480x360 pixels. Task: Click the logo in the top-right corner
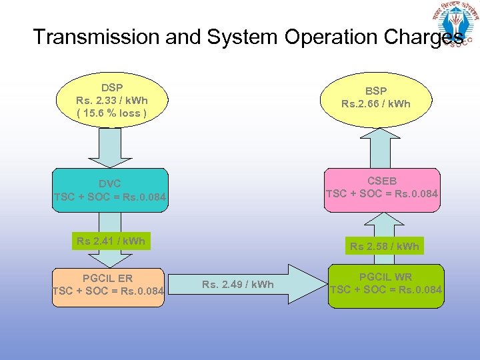(457, 25)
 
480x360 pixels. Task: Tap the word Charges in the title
(423, 37)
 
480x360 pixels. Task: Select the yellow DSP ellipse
(111, 100)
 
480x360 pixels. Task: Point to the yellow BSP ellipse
(375, 97)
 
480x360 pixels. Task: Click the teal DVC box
(110, 190)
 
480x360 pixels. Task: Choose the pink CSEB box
(382, 187)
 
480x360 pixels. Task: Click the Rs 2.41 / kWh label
(111, 241)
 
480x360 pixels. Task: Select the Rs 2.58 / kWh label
(385, 246)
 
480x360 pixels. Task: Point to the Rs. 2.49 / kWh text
(238, 285)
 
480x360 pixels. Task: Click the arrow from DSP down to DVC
(111, 147)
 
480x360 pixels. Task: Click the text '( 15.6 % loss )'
(111, 113)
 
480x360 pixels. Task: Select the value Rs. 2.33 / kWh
(112, 100)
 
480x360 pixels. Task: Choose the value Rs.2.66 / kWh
(376, 103)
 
